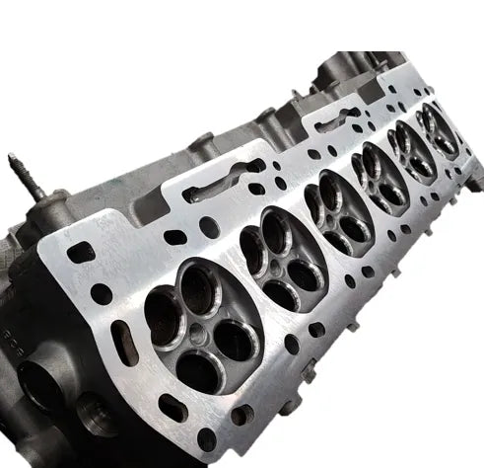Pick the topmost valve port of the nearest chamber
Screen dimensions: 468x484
pyautogui.click(x=200, y=288)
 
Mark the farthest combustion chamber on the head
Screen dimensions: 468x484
pyautogui.click(x=438, y=127)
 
